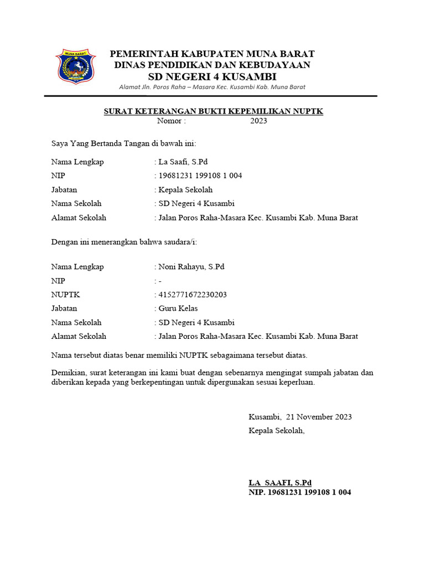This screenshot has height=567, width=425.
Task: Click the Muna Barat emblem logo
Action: pyautogui.click(x=76, y=66)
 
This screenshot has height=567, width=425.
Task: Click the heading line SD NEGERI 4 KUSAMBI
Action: pyautogui.click(x=212, y=76)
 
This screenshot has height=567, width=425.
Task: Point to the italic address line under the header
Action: pyautogui.click(x=212, y=87)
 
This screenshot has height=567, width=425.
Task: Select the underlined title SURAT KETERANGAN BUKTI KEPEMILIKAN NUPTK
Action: pyautogui.click(x=214, y=111)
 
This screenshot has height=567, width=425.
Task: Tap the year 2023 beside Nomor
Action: pyautogui.click(x=258, y=121)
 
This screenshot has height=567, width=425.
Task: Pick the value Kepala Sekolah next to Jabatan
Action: pyautogui.click(x=185, y=190)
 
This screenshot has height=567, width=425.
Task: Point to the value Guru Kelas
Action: pyautogui.click(x=178, y=308)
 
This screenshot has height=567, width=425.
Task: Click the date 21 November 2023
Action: pyautogui.click(x=318, y=417)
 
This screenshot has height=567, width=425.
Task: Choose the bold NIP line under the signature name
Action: pyautogui.click(x=299, y=492)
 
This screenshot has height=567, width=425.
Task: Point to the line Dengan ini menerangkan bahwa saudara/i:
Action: pyautogui.click(x=124, y=242)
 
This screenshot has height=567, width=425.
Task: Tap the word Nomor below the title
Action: pyautogui.click(x=172, y=121)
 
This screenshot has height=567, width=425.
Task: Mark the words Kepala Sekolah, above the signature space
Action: pyautogui.click(x=277, y=431)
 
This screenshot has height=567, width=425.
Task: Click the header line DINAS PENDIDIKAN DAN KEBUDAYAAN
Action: pyautogui.click(x=212, y=65)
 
